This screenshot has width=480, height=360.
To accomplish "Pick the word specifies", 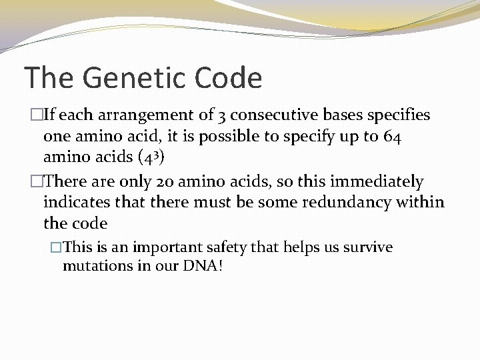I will pos(397,115).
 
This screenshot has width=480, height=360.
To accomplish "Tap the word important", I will pos(167,247).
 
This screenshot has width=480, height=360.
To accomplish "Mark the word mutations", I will pos(95,266).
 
